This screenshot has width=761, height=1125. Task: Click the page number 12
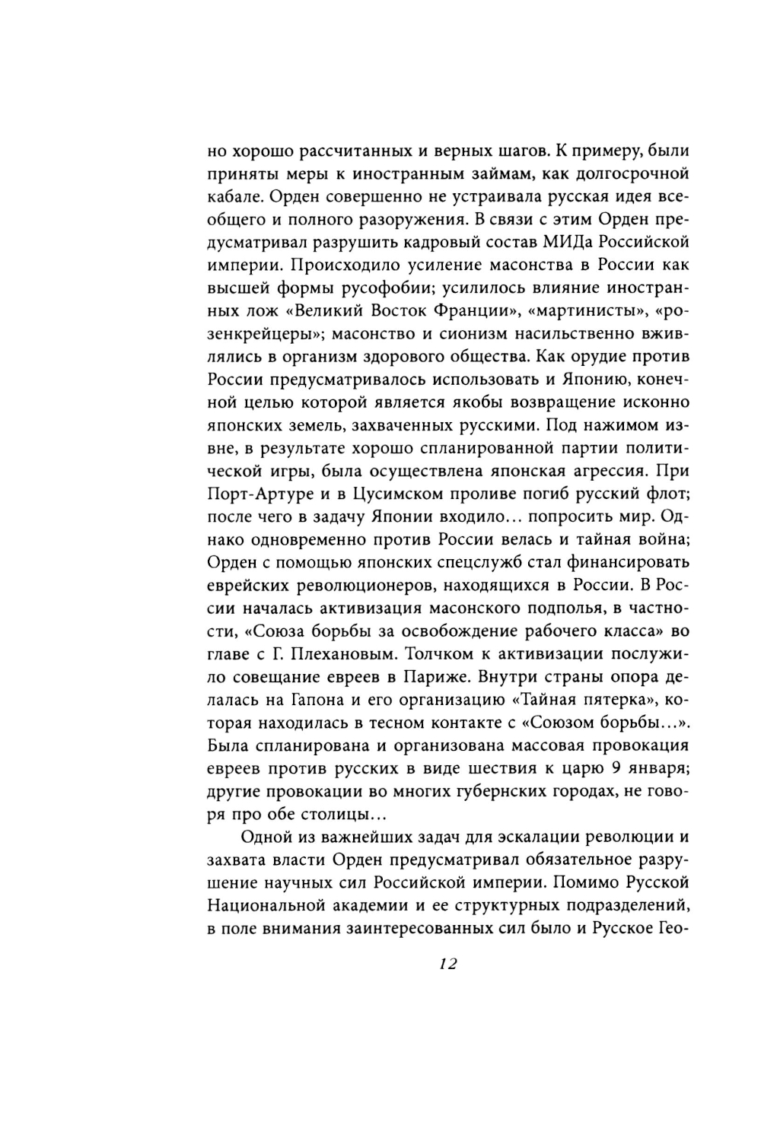pos(447,964)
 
